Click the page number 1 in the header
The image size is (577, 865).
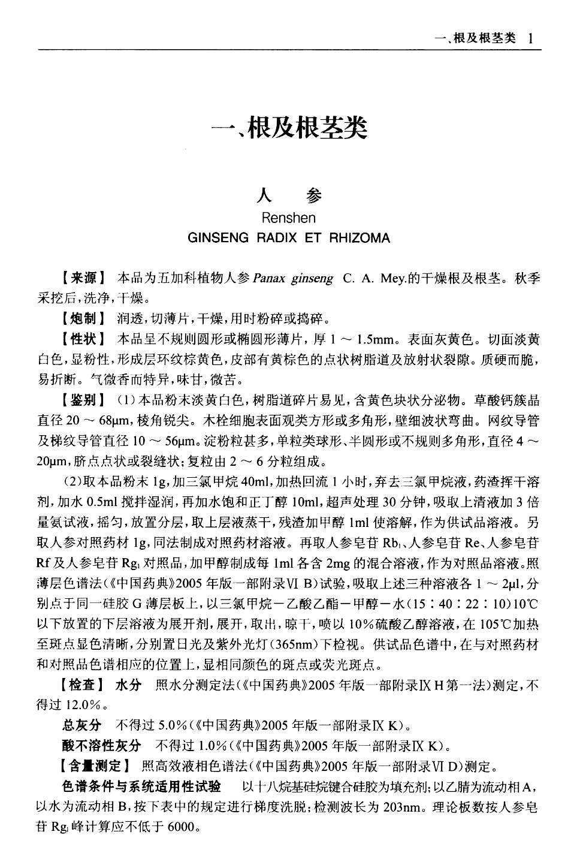pos(530,38)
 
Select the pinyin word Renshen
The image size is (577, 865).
pos(289,218)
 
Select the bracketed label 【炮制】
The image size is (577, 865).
pos(83,318)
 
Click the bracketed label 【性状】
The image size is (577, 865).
pos(83,339)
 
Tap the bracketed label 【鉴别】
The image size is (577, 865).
pos(83,399)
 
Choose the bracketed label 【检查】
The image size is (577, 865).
pos(83,685)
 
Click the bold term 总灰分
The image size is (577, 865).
pos(81,725)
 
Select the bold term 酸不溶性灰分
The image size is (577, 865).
pos(101,746)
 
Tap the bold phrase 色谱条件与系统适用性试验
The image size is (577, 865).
pos(141,786)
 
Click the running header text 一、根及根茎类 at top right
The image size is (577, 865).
pos(477,38)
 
